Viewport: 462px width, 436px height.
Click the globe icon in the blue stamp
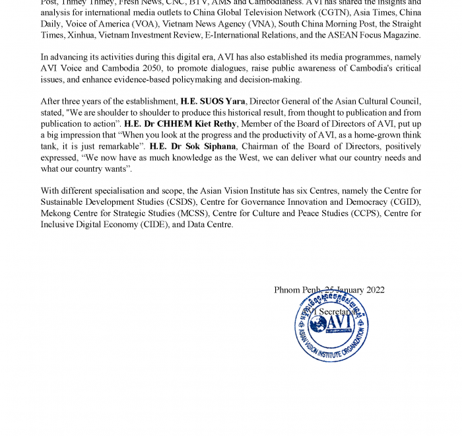point(318,324)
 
